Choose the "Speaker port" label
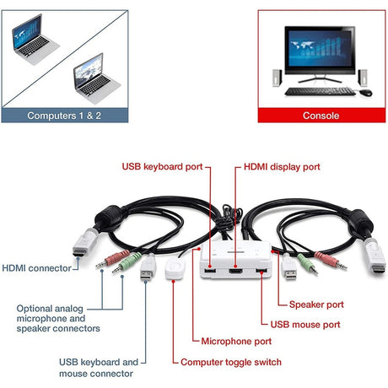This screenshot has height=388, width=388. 316,304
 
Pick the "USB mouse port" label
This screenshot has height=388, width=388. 305,323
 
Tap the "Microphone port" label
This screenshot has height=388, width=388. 236,342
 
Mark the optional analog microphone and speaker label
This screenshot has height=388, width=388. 58,318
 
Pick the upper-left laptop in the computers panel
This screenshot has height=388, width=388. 34,40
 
